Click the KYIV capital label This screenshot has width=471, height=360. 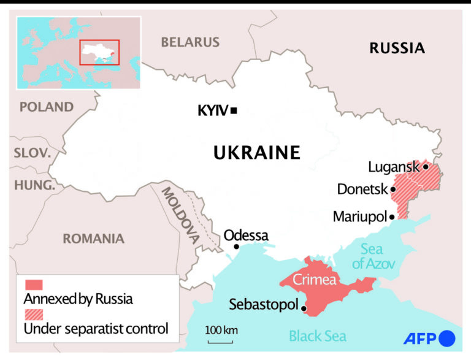[x=212, y=111]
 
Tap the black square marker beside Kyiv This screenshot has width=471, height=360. [x=234, y=110]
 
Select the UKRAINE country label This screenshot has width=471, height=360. [x=257, y=153]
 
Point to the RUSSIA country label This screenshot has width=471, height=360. [x=397, y=48]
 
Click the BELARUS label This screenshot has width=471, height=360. [x=190, y=42]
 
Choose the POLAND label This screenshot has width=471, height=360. [x=47, y=107]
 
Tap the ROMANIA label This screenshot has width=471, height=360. [x=93, y=239]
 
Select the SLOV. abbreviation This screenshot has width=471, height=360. [x=33, y=153]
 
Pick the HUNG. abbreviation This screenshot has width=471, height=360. [x=34, y=185]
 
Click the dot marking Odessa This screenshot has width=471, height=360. [x=237, y=247]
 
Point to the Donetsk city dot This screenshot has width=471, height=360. [x=393, y=190]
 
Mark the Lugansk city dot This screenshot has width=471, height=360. [x=426, y=167]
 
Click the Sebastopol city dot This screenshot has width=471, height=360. [x=304, y=308]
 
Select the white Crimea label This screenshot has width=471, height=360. [x=314, y=280]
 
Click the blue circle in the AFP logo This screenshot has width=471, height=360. [x=448, y=338]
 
